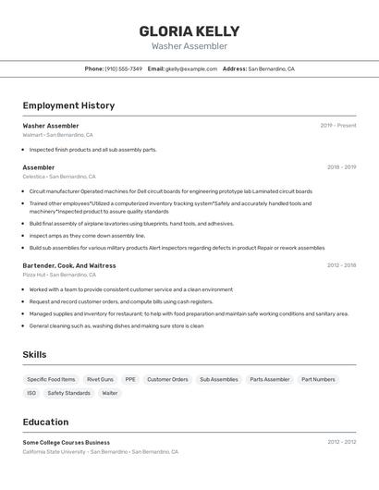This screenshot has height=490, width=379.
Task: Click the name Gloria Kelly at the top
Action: coord(189,31)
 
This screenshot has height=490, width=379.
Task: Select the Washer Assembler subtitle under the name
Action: coord(189,46)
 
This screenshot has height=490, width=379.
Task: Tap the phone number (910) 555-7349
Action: coord(124,68)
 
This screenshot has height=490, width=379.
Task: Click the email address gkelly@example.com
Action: coord(191,68)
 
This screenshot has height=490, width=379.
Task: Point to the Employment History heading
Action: coord(68,105)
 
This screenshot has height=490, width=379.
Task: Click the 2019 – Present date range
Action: coord(337,126)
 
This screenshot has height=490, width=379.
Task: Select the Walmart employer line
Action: coord(57,135)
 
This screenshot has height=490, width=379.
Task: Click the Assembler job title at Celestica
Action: coord(39,167)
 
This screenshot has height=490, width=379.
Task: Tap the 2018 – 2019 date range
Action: coord(341,167)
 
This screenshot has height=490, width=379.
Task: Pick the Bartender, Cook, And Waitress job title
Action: coord(69,265)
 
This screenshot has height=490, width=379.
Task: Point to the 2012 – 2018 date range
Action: coord(341,265)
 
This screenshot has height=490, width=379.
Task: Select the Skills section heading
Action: coord(34,354)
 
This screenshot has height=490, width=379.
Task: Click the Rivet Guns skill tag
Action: coord(100,379)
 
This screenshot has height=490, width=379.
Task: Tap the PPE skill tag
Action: coord(130,379)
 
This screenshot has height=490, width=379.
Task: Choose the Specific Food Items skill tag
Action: coord(51,379)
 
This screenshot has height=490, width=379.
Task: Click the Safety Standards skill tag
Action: coord(68,393)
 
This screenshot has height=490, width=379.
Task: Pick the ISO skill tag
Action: coord(31,393)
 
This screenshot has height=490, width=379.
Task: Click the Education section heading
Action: coord(45,422)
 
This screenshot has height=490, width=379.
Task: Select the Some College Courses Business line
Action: coord(66,442)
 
